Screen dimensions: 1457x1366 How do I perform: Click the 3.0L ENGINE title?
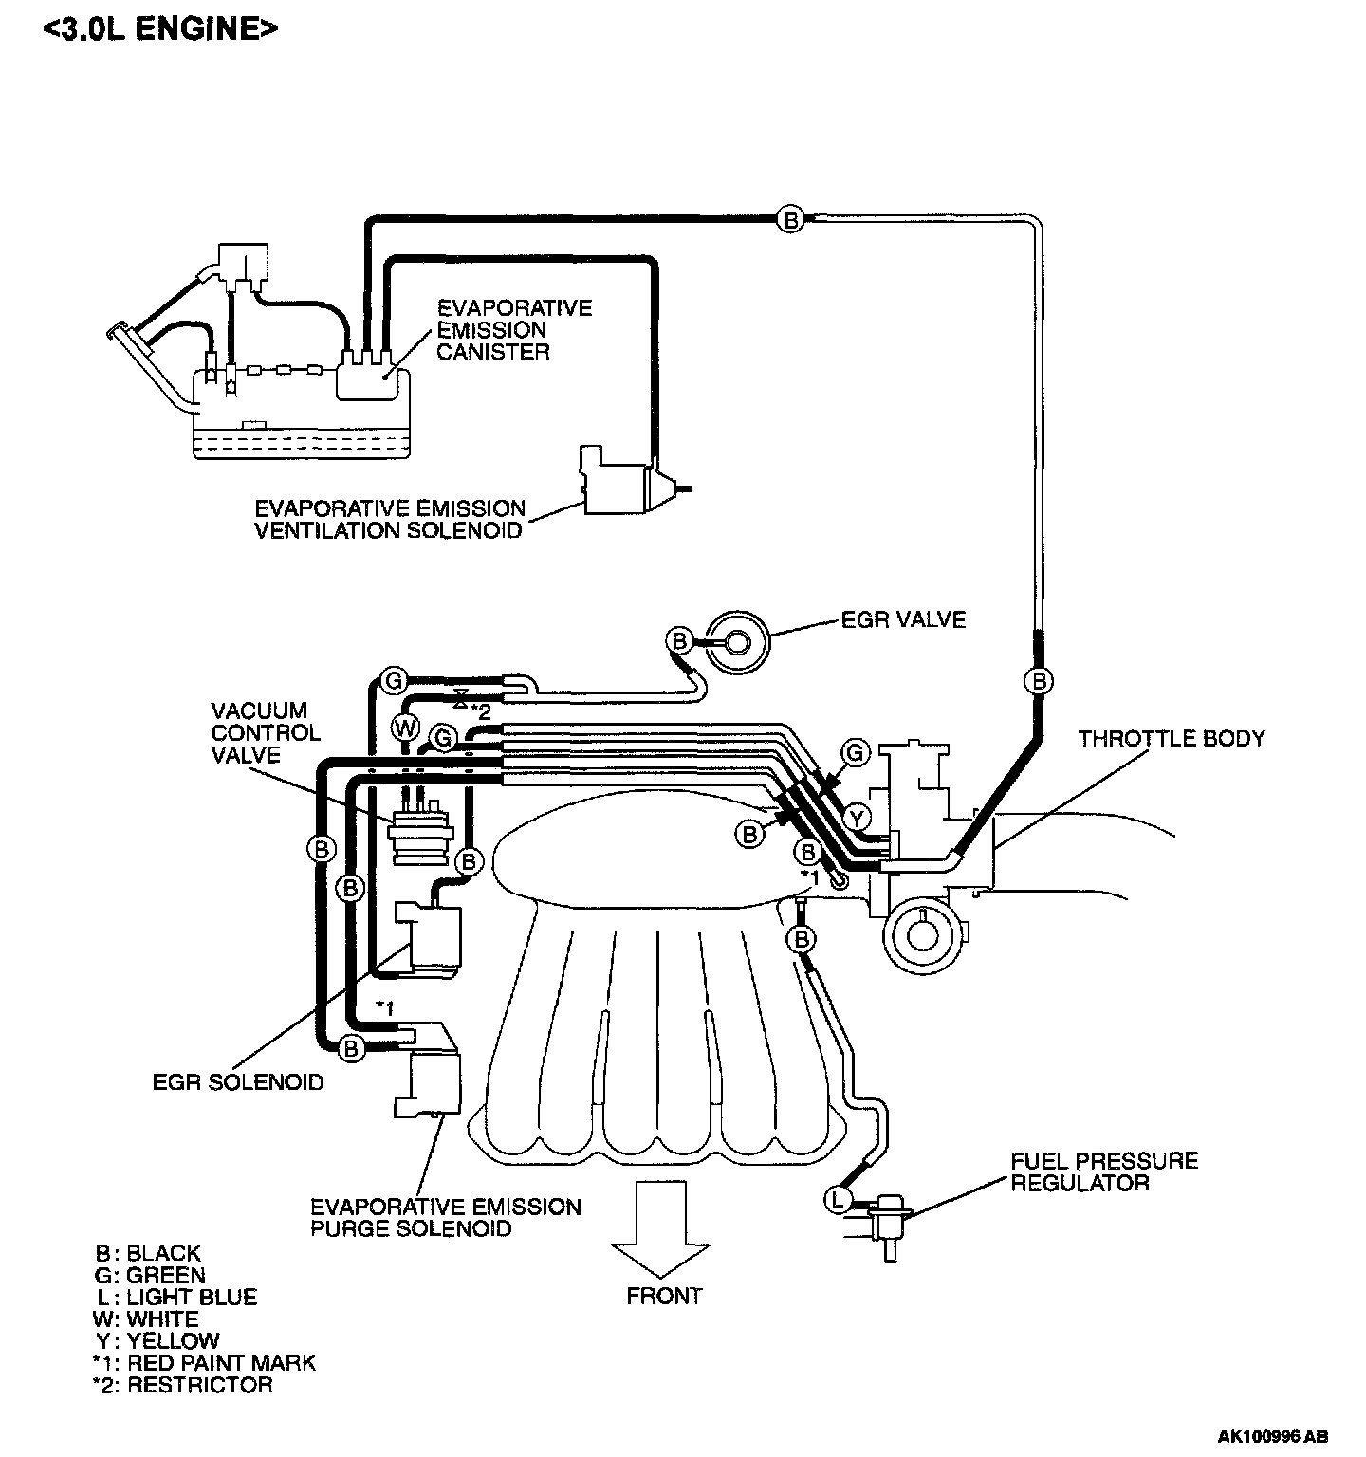[x=161, y=28]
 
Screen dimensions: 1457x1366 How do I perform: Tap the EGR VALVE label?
[x=903, y=619]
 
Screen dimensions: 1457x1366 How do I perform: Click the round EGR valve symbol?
[x=739, y=642]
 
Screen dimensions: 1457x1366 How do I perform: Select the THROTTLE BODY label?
[x=1171, y=738]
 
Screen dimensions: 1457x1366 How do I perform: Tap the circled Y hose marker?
[x=858, y=817]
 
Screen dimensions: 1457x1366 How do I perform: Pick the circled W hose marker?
[x=404, y=727]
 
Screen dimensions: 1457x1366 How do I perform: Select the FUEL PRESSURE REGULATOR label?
[x=1103, y=1171]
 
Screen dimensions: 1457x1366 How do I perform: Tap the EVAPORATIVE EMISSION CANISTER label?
[x=513, y=329]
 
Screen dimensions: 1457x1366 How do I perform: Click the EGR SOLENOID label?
[x=238, y=1081]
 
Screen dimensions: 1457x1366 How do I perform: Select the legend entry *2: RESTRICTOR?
[x=182, y=1384]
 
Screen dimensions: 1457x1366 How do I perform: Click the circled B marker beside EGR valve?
[x=679, y=641]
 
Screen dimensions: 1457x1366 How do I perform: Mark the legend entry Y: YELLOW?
[x=158, y=1340]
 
